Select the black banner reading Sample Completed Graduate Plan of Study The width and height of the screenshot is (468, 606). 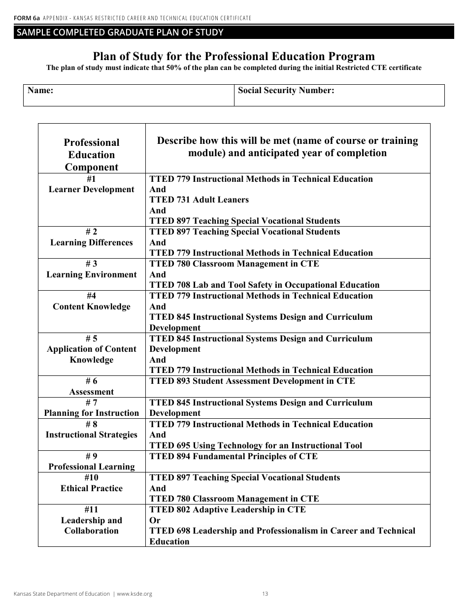(x=234, y=33)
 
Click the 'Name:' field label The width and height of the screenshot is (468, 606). (x=40, y=91)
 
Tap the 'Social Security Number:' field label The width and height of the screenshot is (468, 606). (x=286, y=91)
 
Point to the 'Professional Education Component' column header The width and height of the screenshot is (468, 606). (x=92, y=154)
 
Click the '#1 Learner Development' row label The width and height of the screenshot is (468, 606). (x=92, y=184)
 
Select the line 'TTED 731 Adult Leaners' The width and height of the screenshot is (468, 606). (x=199, y=200)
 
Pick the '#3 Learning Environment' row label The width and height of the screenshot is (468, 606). (x=92, y=269)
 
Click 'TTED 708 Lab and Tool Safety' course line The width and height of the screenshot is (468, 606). (x=264, y=285)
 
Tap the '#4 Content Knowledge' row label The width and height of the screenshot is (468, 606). (x=92, y=302)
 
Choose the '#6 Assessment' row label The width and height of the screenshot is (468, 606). (x=92, y=387)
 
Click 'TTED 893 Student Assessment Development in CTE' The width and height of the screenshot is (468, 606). (x=252, y=381)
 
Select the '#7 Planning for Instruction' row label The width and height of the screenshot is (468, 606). (x=92, y=408)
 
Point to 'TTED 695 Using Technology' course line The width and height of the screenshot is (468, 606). (x=255, y=445)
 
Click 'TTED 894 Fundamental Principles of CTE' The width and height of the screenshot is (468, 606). (x=233, y=456)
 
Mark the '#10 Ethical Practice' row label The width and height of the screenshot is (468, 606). (x=92, y=483)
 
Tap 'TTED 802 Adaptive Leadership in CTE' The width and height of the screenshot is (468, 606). (x=227, y=509)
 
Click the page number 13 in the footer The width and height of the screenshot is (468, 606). (x=265, y=594)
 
